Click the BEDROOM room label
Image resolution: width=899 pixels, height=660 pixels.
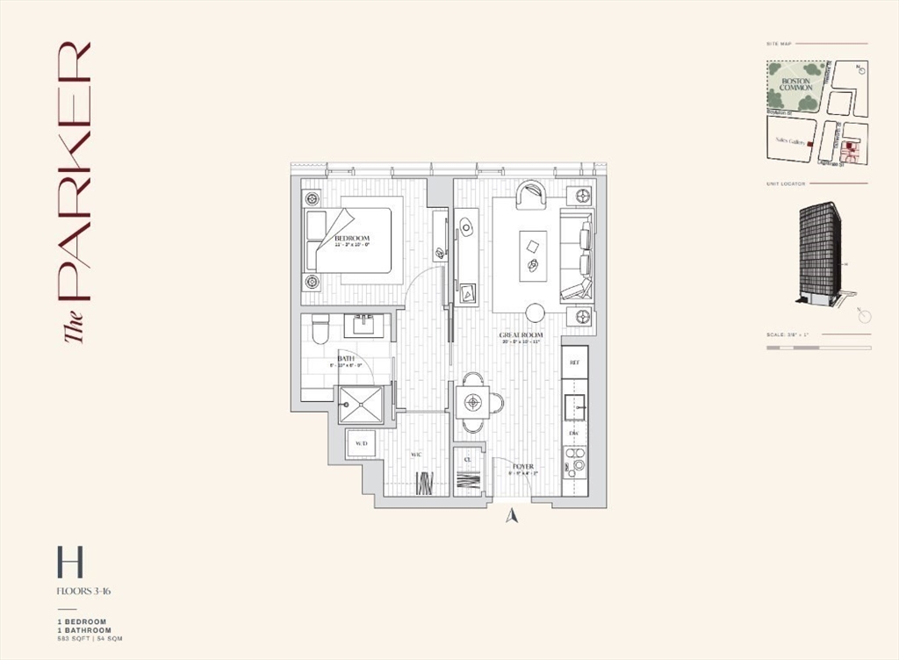[x=351, y=239]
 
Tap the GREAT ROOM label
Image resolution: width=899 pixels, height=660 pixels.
[x=521, y=335]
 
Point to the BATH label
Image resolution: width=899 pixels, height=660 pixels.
[x=346, y=358]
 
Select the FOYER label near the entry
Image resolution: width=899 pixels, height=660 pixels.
[x=523, y=467]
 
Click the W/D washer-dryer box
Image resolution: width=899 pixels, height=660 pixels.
[x=361, y=444]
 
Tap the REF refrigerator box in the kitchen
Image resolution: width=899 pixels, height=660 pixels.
[x=575, y=362]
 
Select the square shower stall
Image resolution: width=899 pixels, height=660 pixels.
[x=360, y=404]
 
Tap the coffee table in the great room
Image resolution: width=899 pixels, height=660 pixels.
[x=533, y=255]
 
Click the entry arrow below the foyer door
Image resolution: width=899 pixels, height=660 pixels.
[x=513, y=516]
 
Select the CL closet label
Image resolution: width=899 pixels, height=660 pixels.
[x=467, y=457]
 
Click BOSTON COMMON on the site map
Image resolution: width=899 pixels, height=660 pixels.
[x=795, y=85]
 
